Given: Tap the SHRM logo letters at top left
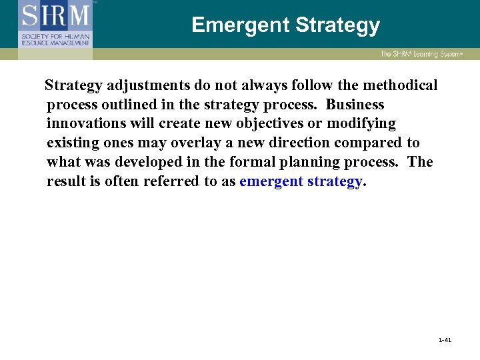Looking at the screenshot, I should [x=55, y=15].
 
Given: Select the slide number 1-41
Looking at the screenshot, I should [x=445, y=340].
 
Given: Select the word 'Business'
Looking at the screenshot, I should [x=355, y=105].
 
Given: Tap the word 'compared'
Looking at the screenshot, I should [x=368, y=143].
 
